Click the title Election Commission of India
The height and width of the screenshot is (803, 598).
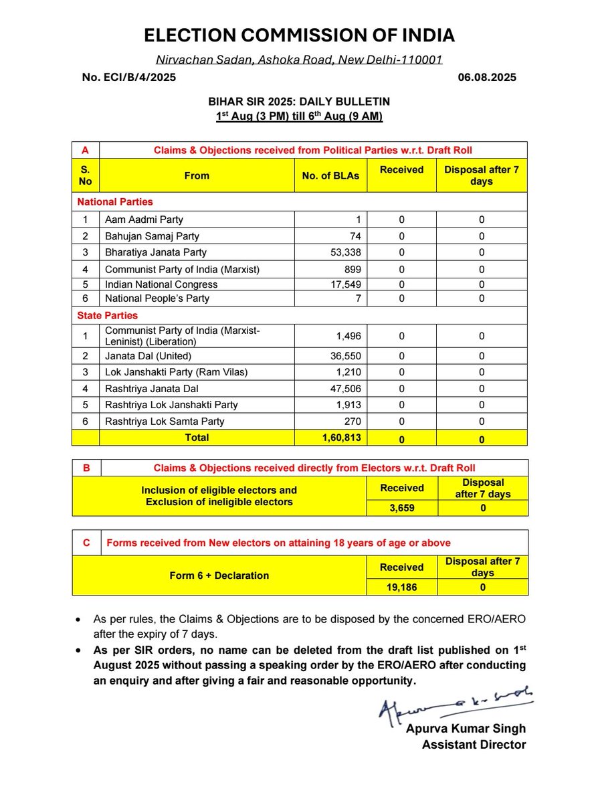coord(299,35)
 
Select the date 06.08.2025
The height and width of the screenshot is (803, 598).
coord(487,78)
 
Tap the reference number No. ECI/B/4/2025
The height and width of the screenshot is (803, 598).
coord(129,78)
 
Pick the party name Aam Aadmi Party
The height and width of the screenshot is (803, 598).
coord(144,219)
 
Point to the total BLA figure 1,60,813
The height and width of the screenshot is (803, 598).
coord(340,438)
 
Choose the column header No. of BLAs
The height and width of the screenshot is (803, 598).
coord(330,176)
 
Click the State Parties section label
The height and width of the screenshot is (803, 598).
coord(107,315)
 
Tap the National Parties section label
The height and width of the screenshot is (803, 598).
coord(115,201)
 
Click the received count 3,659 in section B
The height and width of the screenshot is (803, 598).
coord(401,508)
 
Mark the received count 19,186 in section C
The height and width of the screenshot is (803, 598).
coord(401,588)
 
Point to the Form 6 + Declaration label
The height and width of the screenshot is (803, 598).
coord(219,575)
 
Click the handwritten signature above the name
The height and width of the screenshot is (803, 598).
coord(455,703)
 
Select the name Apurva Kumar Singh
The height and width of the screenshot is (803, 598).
coord(466,728)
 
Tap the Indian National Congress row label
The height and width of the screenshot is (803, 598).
coord(161,284)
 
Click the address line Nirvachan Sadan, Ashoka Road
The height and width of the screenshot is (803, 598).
coord(299,60)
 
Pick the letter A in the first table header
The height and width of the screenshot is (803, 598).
coord(86,150)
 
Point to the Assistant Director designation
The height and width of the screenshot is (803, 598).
coord(474,744)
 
